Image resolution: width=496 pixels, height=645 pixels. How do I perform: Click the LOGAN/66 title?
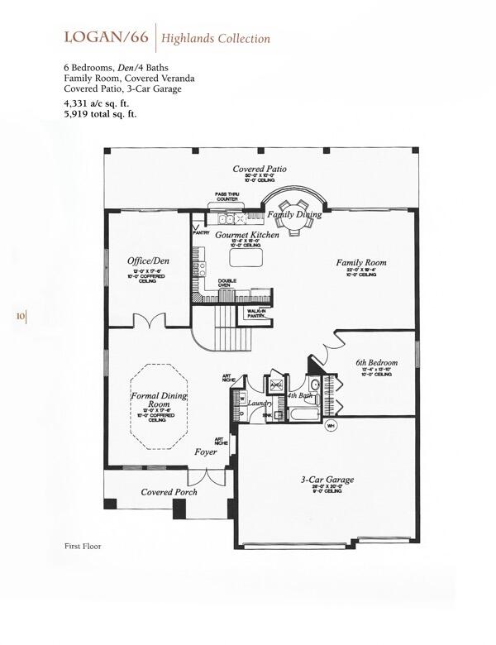tap(106, 37)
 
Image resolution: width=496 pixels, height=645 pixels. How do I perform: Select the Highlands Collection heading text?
tap(216, 38)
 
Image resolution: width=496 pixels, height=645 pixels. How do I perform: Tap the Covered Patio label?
tap(260, 169)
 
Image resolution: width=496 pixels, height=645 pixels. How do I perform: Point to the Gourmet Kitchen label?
tap(247, 235)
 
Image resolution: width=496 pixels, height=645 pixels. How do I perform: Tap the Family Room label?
tap(361, 263)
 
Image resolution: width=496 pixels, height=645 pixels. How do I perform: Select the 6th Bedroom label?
tap(377, 362)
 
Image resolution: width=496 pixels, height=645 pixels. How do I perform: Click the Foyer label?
tap(206, 452)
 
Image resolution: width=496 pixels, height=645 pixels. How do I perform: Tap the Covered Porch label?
tap(169, 492)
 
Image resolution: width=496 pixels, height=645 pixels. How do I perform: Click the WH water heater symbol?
tap(331, 425)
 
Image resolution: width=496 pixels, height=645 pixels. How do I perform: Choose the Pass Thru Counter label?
tap(227, 197)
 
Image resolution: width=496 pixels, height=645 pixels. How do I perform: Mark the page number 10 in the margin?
tap(20, 315)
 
